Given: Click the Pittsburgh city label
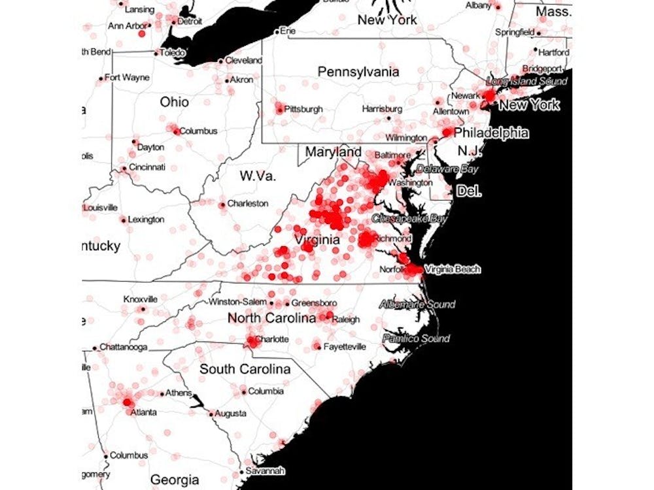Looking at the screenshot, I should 303,109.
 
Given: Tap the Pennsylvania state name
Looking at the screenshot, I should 358,72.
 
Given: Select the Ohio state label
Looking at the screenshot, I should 174,102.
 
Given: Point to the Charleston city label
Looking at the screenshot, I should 248,203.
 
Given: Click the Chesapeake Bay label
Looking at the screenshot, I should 409,218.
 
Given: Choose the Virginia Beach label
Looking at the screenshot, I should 453,269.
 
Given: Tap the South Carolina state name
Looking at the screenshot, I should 245,369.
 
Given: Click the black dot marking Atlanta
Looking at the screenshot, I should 128,404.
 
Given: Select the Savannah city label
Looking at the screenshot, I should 266,470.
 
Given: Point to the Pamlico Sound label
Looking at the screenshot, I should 416,338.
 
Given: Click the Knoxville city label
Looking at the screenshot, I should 140,299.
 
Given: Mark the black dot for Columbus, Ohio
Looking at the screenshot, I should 176,131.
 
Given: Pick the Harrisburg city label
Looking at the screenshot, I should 382,108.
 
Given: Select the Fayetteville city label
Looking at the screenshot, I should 345,346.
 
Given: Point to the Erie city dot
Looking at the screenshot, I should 277,31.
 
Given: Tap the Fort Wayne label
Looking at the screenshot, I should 127,77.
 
